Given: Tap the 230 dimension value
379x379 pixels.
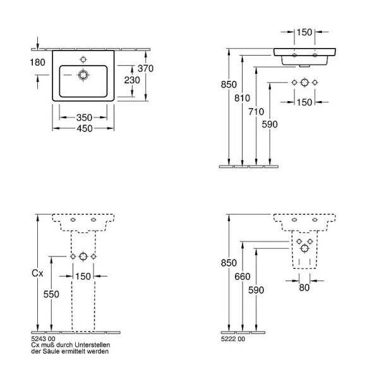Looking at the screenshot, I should (x=132, y=80).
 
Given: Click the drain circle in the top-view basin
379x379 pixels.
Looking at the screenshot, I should (x=83, y=75).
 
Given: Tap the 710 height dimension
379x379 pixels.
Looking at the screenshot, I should (x=256, y=111).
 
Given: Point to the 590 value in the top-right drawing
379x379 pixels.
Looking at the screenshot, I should (x=270, y=124).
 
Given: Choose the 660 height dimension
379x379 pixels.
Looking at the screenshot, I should (x=242, y=276).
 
